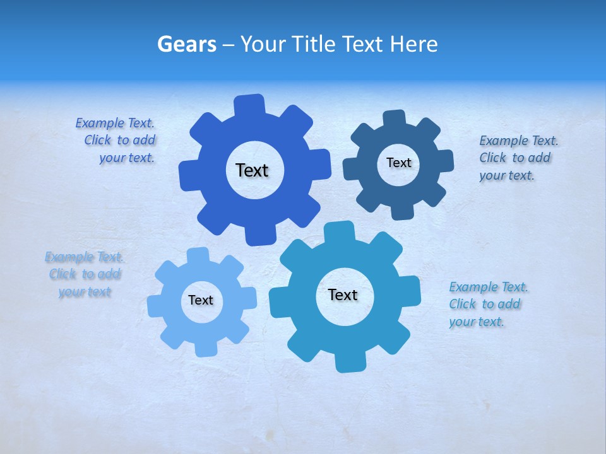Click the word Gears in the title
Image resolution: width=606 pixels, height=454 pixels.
click(187, 44)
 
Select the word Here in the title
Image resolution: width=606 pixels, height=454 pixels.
click(415, 44)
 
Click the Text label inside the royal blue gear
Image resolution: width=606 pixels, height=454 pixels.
click(252, 170)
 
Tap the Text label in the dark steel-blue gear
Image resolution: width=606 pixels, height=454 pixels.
click(398, 163)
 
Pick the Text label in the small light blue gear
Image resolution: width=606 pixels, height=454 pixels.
click(201, 300)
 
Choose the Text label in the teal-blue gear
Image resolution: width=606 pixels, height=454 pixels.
click(343, 294)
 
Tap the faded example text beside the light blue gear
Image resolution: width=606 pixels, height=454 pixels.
click(85, 274)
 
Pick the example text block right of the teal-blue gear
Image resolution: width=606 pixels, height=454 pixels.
click(487, 304)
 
